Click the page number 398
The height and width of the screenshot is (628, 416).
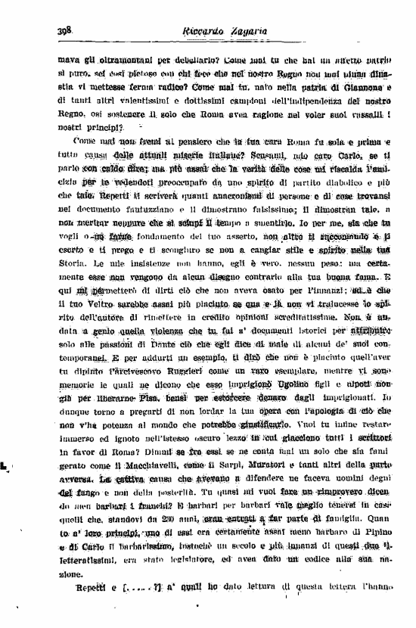coord(63,31)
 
